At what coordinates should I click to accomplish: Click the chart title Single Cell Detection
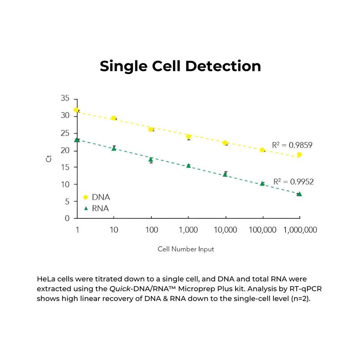coord(180,66)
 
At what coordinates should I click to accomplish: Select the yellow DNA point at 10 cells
coord(114,118)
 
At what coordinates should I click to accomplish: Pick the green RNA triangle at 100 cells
coord(151,159)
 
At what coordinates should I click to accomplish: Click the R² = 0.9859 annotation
coord(292,145)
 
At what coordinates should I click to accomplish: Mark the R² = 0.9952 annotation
coord(293,182)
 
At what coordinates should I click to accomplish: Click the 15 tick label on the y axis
coord(66,167)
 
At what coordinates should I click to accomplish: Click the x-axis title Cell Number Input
coord(186,249)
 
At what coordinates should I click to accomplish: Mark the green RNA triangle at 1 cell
coord(76,140)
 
